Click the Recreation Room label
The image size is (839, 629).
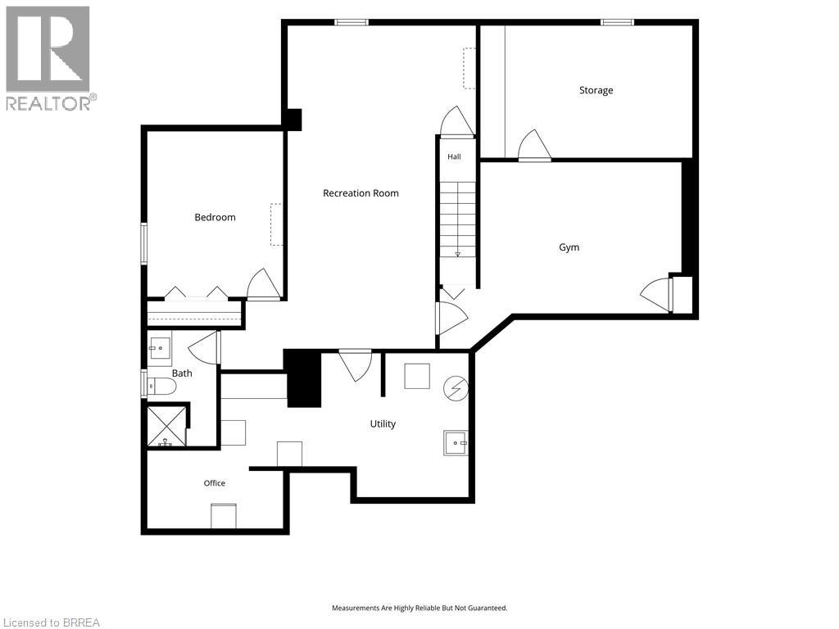point(361,193)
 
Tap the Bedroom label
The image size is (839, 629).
point(215,217)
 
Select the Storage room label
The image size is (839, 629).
point(596,90)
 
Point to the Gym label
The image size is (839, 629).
point(569,247)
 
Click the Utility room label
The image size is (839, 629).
point(383,423)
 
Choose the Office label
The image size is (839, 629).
point(214,483)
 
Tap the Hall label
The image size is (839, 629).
point(454,156)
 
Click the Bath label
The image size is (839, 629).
point(182,373)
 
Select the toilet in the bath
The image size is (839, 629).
point(161,386)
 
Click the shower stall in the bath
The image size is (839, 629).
point(166,426)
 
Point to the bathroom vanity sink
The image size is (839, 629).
point(160,348)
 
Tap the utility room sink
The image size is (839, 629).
point(456,443)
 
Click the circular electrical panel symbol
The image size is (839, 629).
point(456,387)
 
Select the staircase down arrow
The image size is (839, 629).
point(457,254)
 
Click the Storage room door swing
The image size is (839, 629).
point(534,144)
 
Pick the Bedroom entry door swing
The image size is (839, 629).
point(263,283)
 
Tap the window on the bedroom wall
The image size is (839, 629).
point(144,244)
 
